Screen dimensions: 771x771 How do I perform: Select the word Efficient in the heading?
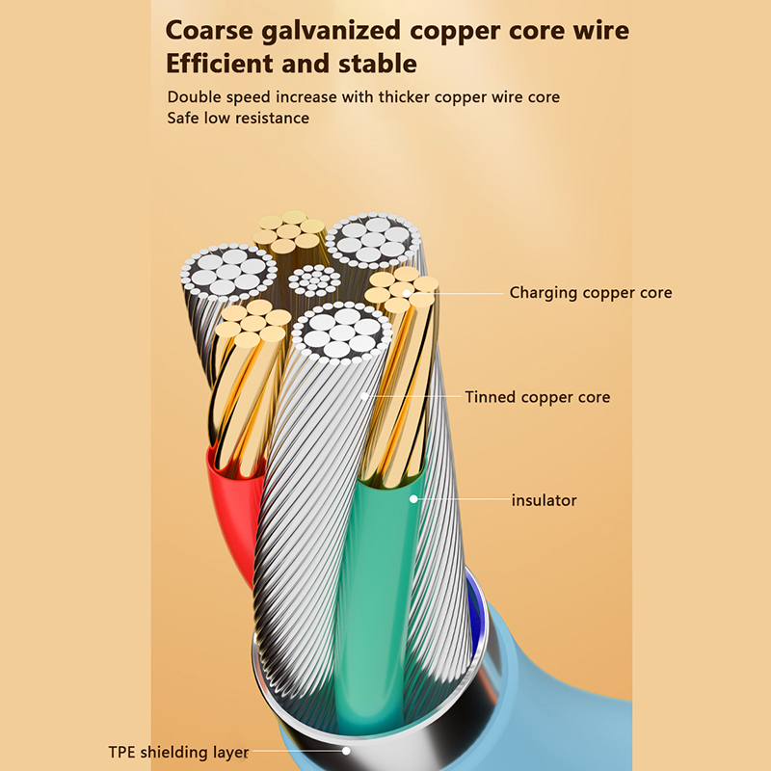pyautogui.click(x=218, y=65)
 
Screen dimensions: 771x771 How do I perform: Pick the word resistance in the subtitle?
pyautogui.click(x=273, y=119)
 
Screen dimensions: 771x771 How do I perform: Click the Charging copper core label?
pyautogui.click(x=590, y=293)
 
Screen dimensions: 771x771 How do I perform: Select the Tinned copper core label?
pyautogui.click(x=537, y=397)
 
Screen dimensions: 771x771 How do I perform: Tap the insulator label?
pyautogui.click(x=544, y=500)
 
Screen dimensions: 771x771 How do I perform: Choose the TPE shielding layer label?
pyautogui.click(x=177, y=752)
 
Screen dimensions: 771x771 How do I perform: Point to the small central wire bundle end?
pyautogui.click(x=315, y=280)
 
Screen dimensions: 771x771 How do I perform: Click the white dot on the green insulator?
pyautogui.click(x=412, y=499)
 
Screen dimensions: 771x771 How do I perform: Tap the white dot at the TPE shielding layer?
pyautogui.click(x=346, y=751)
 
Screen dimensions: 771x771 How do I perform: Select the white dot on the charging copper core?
pyautogui.click(x=409, y=292)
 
